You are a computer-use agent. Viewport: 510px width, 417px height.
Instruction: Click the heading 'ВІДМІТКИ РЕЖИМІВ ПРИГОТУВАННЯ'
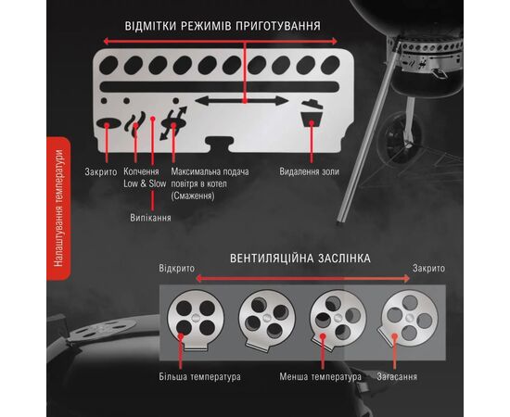[x=223, y=26]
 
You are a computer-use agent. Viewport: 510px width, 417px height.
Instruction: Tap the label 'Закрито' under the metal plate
[x=101, y=171]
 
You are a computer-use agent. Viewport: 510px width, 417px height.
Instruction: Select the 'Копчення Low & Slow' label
[x=145, y=178]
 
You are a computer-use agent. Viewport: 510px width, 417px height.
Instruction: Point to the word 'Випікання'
[x=150, y=218]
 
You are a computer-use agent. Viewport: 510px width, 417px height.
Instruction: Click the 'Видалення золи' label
[x=309, y=171]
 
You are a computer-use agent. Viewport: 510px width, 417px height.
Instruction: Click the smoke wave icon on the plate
[x=135, y=123]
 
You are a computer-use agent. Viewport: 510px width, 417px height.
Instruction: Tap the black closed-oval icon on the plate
[x=108, y=123]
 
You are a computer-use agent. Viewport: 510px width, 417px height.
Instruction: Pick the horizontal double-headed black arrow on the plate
[x=242, y=101]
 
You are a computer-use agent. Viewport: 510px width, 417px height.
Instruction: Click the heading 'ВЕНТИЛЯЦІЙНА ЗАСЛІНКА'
[x=300, y=259]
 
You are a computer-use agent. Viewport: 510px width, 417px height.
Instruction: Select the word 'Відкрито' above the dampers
[x=176, y=269]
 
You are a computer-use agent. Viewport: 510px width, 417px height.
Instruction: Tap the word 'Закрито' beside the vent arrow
[x=428, y=269]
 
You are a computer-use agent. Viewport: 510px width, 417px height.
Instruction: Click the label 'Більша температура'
[x=199, y=377]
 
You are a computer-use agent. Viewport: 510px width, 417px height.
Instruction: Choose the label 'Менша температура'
[x=321, y=377]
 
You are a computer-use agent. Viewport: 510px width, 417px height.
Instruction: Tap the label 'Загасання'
[x=397, y=377]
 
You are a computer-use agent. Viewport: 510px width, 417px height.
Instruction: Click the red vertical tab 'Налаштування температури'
[x=58, y=208]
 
